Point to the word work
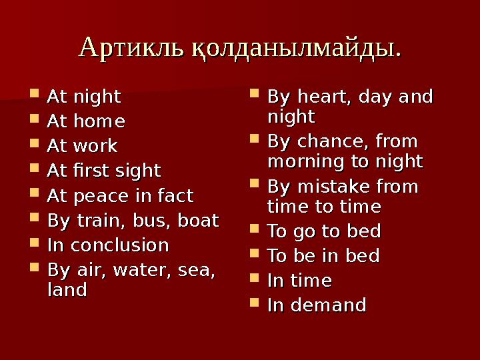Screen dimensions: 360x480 tap(97, 146)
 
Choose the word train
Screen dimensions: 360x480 tap(94, 221)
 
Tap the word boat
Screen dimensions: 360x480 tap(197, 221)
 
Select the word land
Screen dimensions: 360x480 tap(67, 290)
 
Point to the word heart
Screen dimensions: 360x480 tap(323, 97)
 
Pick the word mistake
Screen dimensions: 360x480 tap(330, 187)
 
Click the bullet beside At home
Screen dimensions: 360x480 tap(35, 122)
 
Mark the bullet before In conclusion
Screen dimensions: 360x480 tap(35, 245)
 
